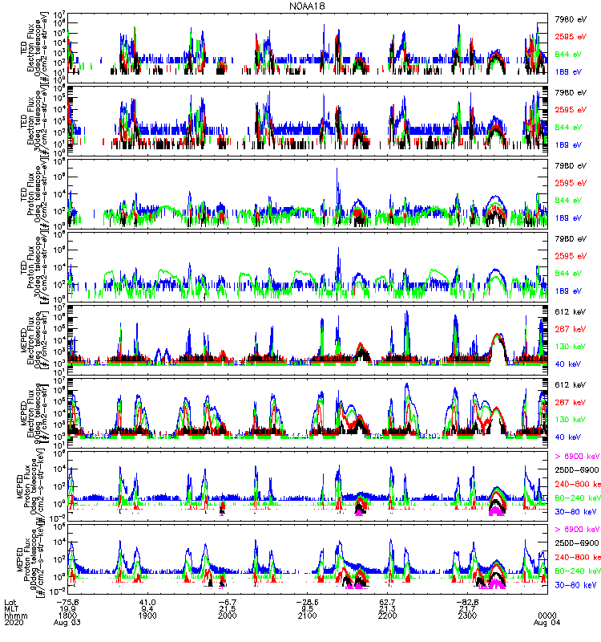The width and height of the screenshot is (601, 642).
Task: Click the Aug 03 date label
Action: [67, 622]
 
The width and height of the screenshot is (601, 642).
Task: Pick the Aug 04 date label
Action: [547, 622]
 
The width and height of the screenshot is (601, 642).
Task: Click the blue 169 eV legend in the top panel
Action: [571, 71]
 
